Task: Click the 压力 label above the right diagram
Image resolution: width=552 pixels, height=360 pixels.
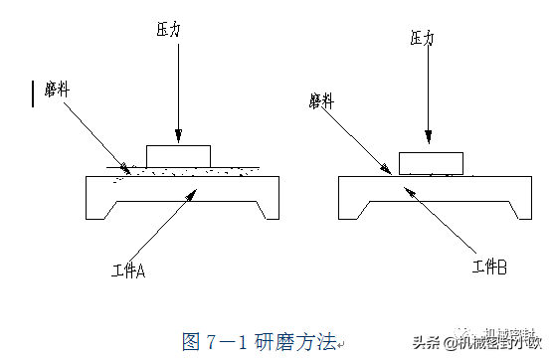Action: pyautogui.click(x=423, y=38)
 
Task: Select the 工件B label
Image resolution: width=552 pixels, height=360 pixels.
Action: pyautogui.click(x=489, y=267)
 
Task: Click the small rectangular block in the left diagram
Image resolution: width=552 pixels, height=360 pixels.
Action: pyautogui.click(x=179, y=155)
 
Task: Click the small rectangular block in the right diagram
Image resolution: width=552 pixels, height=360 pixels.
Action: pyautogui.click(x=431, y=163)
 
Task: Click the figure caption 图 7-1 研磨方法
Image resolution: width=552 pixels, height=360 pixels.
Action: pyautogui.click(x=261, y=340)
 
